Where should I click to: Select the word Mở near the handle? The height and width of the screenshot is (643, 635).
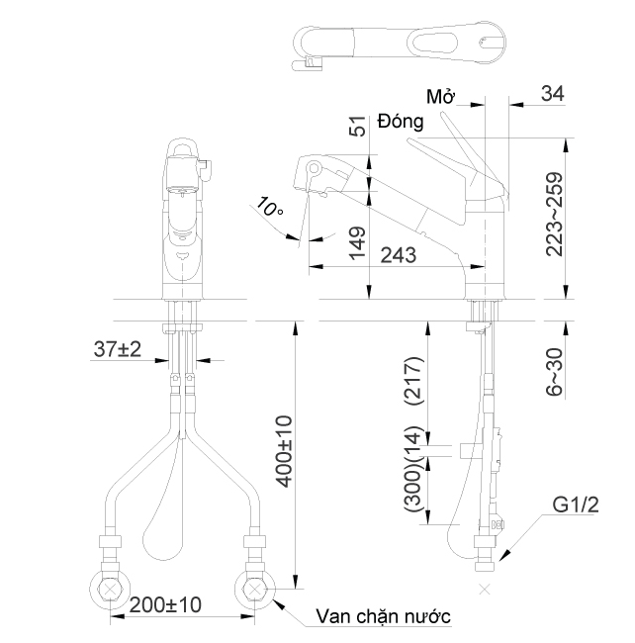pos(440,97)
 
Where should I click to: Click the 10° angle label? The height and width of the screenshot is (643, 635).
pos(270,208)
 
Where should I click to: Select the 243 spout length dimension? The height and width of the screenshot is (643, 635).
pos(395,255)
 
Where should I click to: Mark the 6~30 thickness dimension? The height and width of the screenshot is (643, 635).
pos(555,371)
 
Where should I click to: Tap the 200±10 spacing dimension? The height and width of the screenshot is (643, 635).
pos(164,603)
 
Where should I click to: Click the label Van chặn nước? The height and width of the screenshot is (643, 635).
pos(383,616)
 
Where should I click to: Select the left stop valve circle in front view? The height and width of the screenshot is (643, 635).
pos(109,587)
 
